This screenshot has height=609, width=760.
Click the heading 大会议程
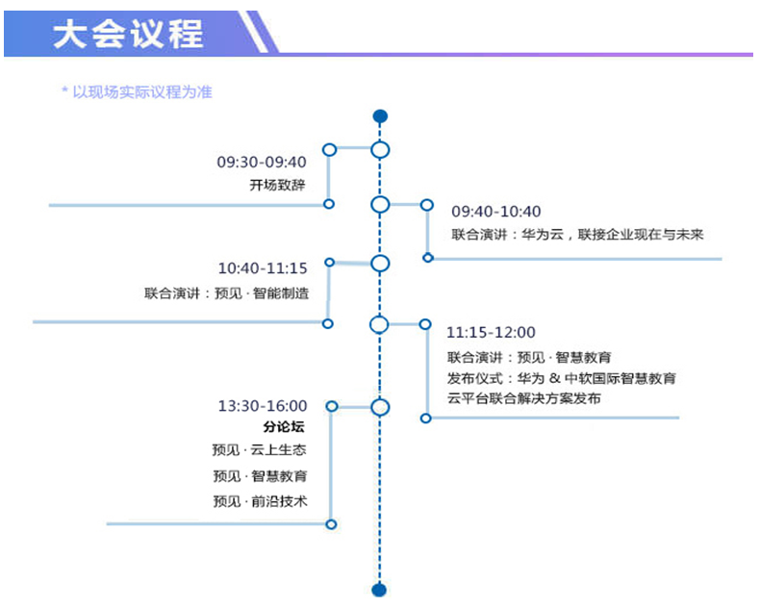(x=128, y=34)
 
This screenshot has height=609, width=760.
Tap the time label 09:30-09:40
(x=262, y=162)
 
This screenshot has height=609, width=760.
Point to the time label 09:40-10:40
(x=495, y=212)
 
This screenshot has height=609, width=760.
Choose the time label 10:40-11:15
(x=263, y=268)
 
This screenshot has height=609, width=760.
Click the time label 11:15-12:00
(x=491, y=333)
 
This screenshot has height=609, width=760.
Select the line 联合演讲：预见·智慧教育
(x=529, y=358)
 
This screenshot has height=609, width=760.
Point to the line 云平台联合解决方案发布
(x=523, y=398)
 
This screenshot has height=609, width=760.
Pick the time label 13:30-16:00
(x=263, y=406)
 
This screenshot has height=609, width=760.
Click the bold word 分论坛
(x=283, y=428)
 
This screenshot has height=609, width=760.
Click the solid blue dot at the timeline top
(x=380, y=117)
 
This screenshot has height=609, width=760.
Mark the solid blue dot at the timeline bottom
(x=379, y=590)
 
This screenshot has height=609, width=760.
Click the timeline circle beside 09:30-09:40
(x=380, y=150)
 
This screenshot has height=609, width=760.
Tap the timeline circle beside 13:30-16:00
(x=380, y=407)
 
